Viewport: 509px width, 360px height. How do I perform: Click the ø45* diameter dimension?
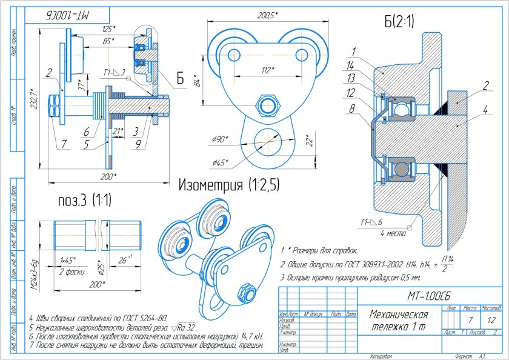222,162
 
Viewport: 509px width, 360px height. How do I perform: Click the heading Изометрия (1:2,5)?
228,185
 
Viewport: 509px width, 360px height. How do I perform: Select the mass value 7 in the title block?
470,319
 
